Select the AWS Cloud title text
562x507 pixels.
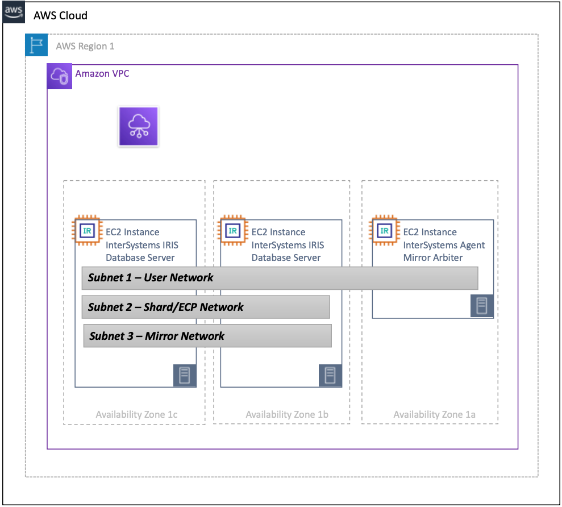click(x=60, y=15)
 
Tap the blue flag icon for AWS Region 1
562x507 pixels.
click(x=36, y=45)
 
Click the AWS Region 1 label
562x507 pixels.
click(x=85, y=46)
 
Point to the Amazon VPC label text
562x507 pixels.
click(x=102, y=74)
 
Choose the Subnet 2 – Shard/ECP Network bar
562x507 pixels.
click(x=206, y=307)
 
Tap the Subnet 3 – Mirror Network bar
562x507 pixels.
click(x=207, y=336)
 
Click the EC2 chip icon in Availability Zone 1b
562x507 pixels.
click(x=233, y=230)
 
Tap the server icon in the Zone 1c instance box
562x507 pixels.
click(x=185, y=376)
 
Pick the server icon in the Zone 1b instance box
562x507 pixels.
click(x=330, y=376)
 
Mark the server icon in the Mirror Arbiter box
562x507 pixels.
click(x=482, y=306)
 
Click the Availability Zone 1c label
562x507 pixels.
click(x=136, y=414)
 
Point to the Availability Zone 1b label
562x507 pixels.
click(x=287, y=414)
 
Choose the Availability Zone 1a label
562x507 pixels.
click(x=434, y=414)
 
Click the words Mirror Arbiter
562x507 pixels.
click(x=433, y=257)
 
